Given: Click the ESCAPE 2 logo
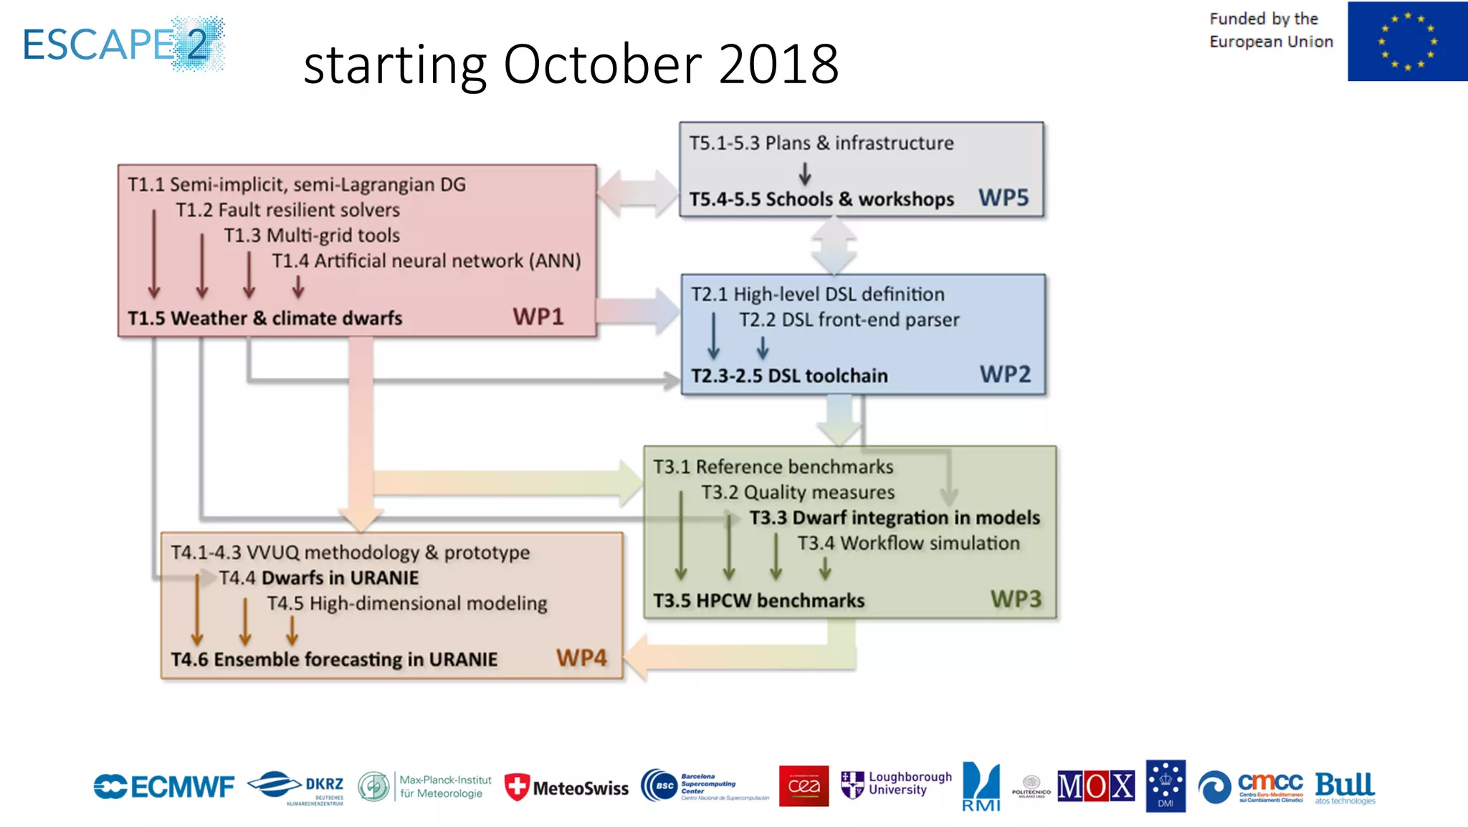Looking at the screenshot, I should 123,44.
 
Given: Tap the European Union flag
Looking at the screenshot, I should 1406,42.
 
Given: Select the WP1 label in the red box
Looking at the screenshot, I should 538,317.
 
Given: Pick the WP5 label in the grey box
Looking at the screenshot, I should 1004,197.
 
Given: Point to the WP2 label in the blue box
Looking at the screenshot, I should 1005,374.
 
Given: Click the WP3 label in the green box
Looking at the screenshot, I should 1016,599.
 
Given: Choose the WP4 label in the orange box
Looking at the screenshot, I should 581,658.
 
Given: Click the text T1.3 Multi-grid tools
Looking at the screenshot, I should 312,235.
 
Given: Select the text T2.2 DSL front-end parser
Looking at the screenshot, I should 849,320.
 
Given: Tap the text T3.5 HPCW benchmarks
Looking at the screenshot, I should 758,600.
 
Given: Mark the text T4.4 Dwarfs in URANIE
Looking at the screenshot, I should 319,578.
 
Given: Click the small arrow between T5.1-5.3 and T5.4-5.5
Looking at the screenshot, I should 805,173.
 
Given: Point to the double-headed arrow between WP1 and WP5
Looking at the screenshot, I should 637,193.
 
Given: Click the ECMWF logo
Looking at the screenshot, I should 163,787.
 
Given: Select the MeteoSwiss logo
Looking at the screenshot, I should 566,788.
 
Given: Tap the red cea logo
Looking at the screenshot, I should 804,786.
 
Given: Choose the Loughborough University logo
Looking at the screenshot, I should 896,784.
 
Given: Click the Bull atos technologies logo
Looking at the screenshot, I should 1345,788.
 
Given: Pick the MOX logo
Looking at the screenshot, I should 1095,786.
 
